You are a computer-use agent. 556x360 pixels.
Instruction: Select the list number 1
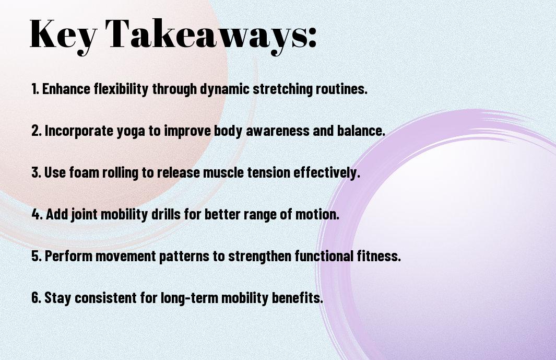tap(35, 89)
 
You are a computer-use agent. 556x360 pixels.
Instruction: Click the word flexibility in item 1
tap(121, 89)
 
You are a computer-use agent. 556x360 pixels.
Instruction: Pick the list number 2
tap(37, 131)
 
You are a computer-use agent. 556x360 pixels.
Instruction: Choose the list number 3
tap(37, 172)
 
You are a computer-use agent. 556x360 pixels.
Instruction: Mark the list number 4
tap(37, 214)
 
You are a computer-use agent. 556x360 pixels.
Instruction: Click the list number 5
tap(37, 256)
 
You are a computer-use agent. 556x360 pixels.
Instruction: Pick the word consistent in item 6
tap(105, 298)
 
